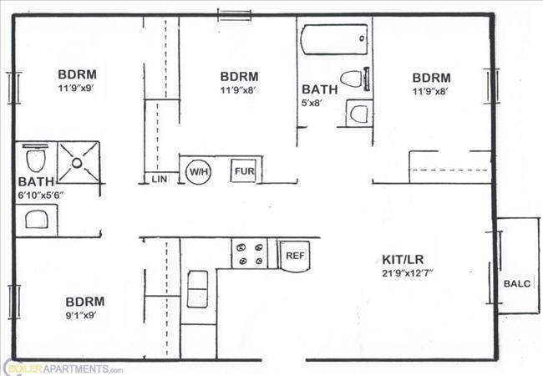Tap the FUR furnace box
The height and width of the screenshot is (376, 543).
tap(244, 170)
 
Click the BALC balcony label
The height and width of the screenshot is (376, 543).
tap(516, 283)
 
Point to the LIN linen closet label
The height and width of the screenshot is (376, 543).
tap(158, 178)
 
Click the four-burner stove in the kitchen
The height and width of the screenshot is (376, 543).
tap(249, 253)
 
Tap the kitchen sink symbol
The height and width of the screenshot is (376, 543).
tap(198, 289)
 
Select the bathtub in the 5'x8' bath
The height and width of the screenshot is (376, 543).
tap(333, 40)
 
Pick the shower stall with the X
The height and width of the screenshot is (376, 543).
tap(79, 162)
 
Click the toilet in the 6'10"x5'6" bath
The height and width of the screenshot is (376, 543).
tap(35, 159)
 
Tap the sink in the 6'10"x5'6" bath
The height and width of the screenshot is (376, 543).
tap(36, 219)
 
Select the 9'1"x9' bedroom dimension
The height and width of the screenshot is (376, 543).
tap(84, 315)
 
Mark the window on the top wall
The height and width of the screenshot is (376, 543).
tap(234, 14)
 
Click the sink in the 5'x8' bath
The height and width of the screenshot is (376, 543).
tap(359, 114)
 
